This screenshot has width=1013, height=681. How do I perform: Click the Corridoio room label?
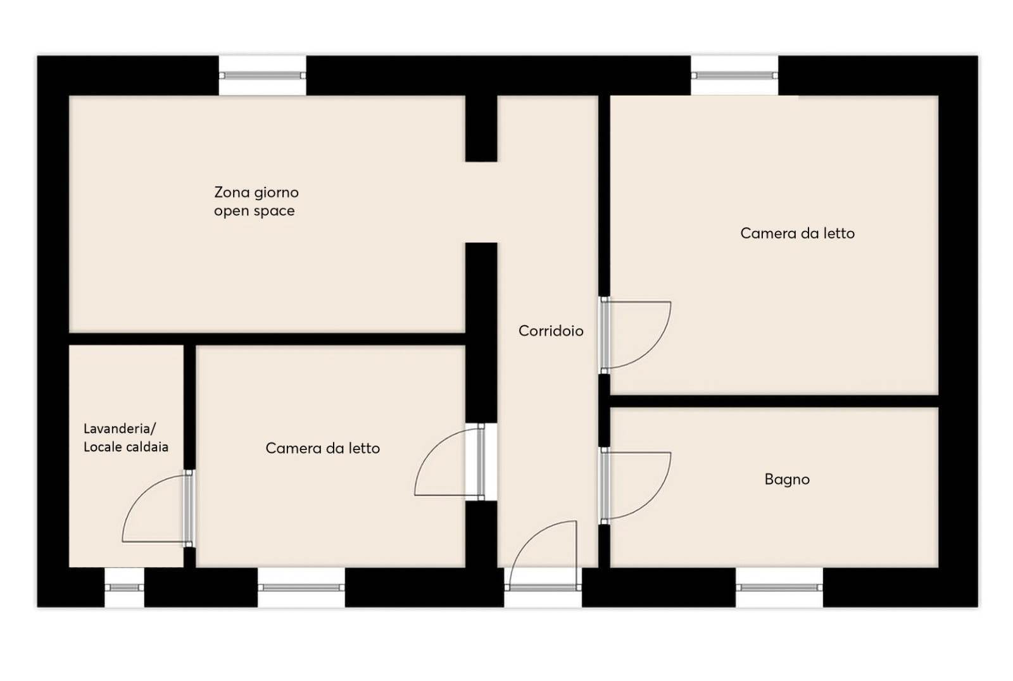click(x=550, y=331)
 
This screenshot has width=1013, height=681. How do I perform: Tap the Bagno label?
click(x=787, y=479)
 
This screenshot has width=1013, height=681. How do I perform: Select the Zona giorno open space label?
click(x=256, y=201)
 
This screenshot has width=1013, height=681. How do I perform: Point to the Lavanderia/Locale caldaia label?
click(x=126, y=438)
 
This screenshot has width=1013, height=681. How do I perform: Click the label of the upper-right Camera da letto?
click(x=797, y=234)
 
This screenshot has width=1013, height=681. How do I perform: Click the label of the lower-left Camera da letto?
click(x=322, y=448)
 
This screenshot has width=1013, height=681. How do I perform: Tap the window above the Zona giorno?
click(x=262, y=75)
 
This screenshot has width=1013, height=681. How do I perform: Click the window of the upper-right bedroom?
click(x=734, y=75)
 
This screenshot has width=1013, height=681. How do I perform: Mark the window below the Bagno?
click(x=779, y=588)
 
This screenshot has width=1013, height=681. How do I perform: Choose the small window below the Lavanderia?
click(x=124, y=588)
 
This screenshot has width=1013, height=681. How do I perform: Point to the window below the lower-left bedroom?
click(x=301, y=588)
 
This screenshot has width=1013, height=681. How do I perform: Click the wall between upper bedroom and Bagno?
click(x=773, y=401)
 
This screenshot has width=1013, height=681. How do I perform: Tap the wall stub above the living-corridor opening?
click(x=481, y=128)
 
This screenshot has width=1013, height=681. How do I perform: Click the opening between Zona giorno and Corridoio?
click(x=481, y=202)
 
